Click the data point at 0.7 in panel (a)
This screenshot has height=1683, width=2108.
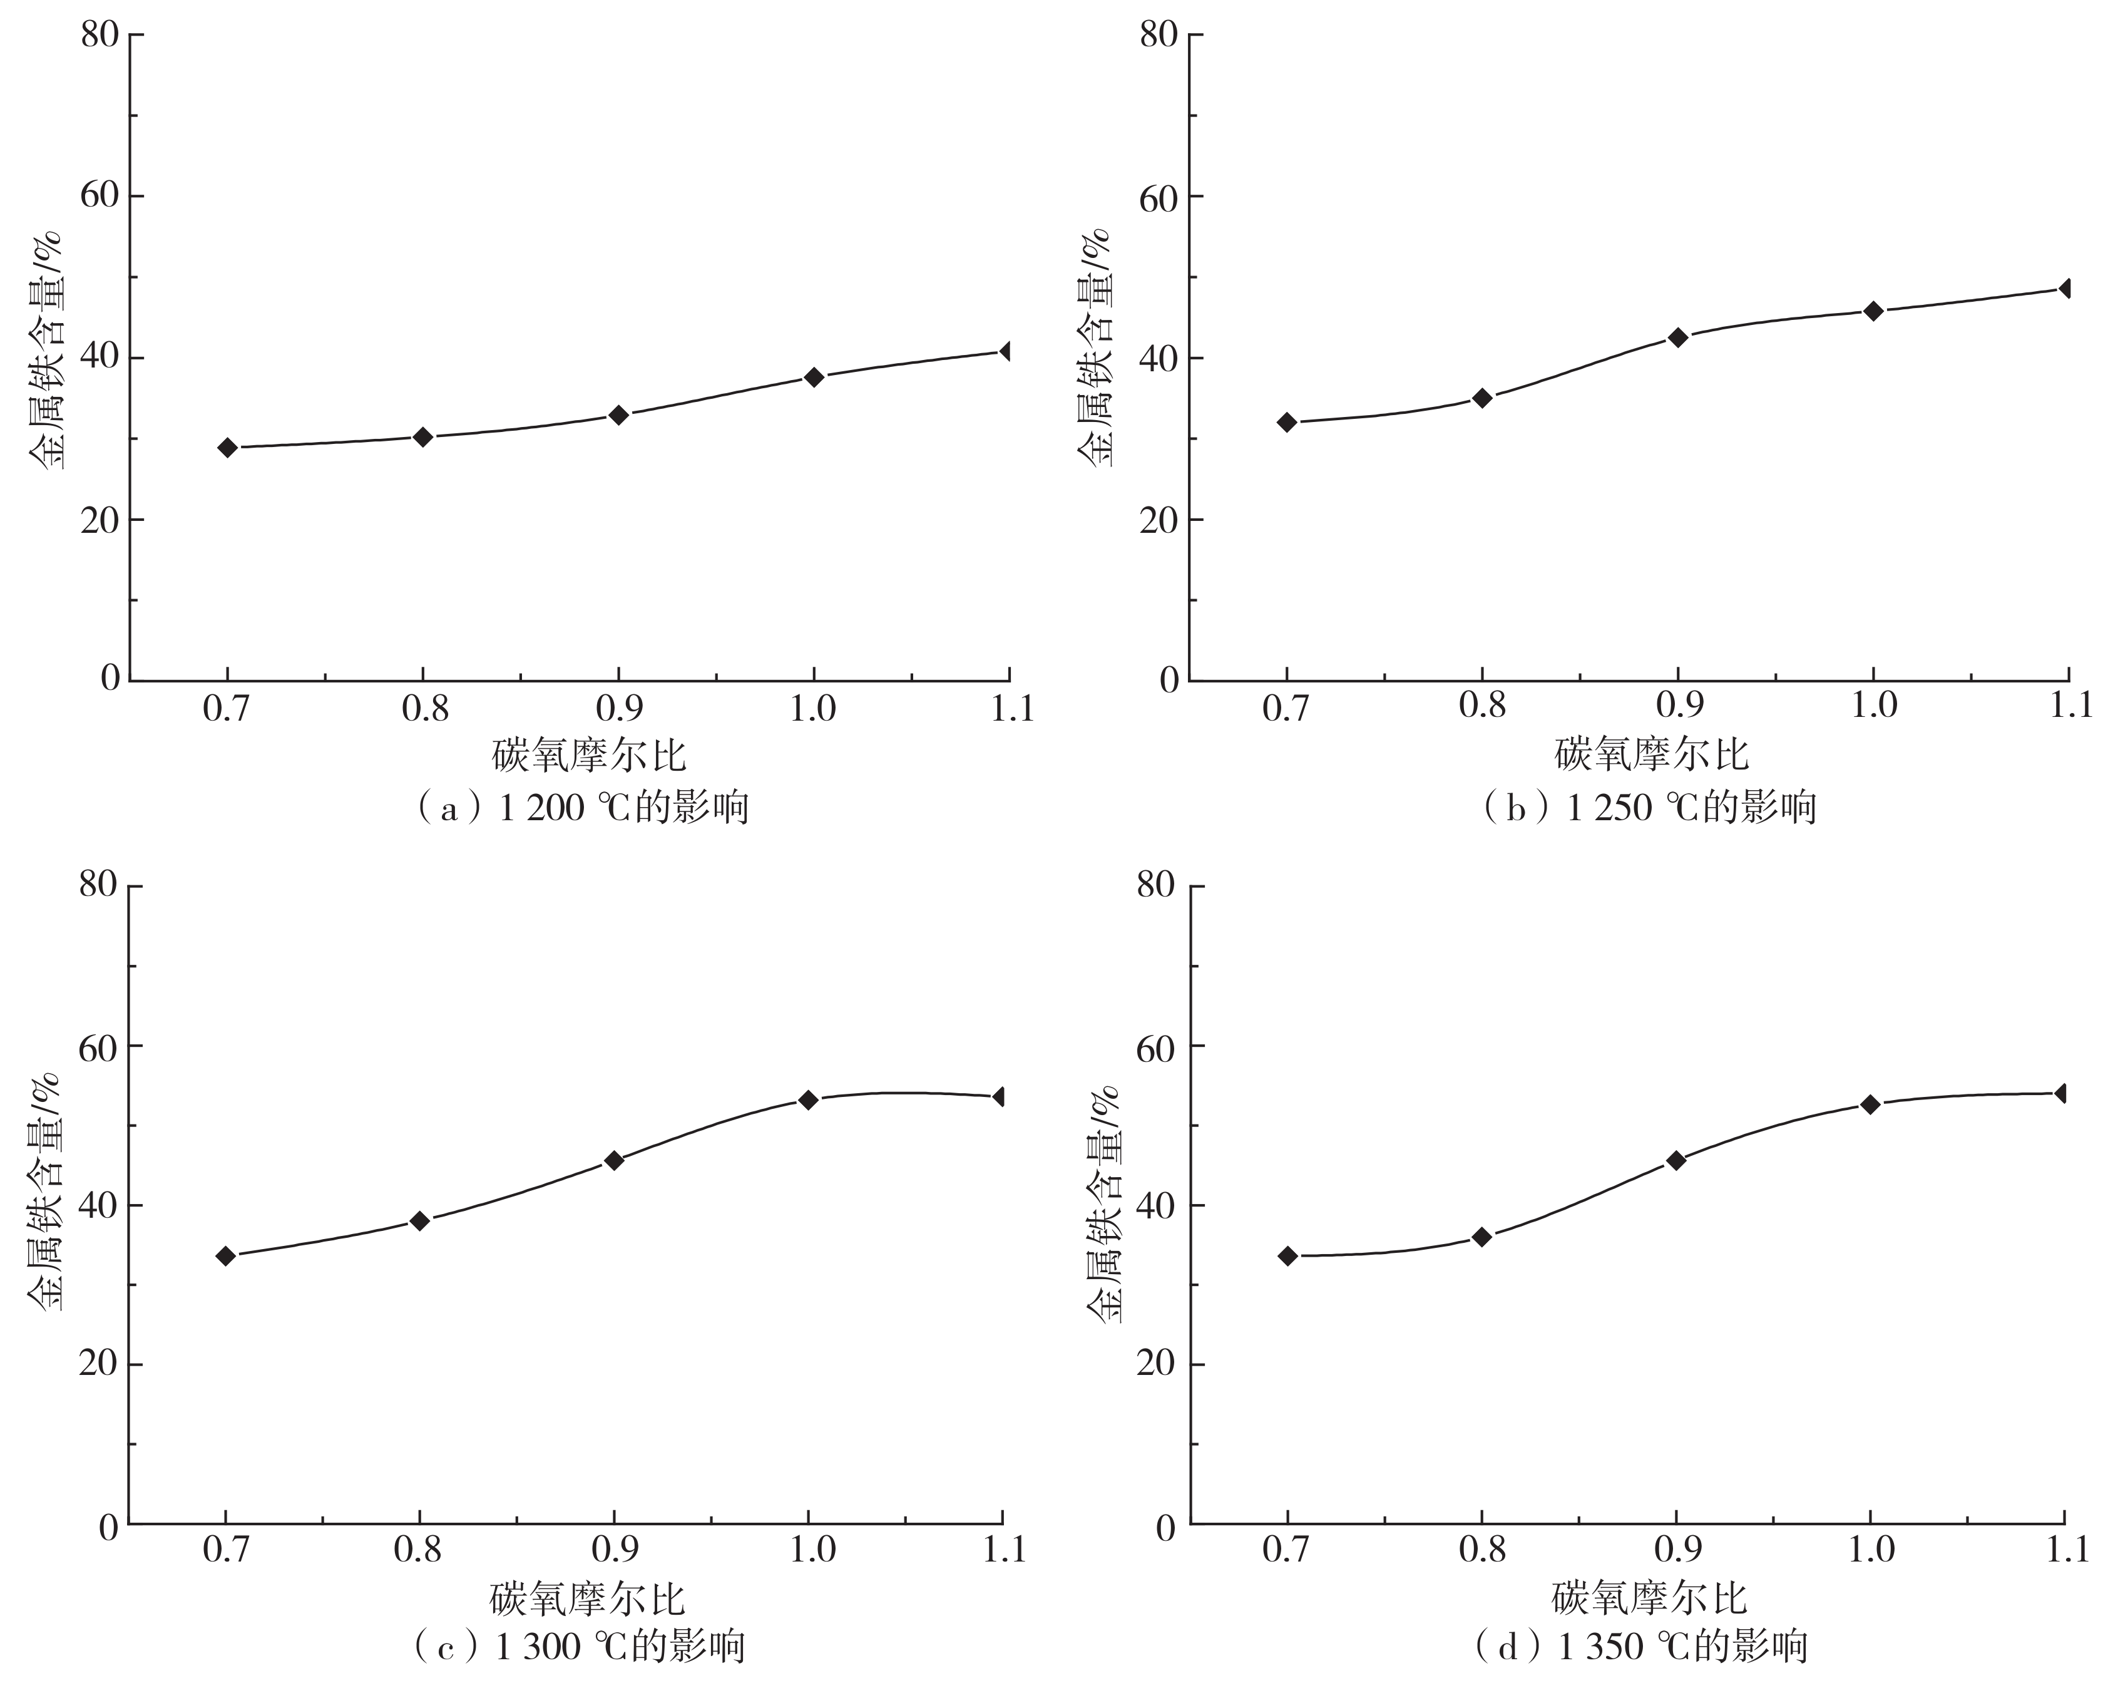(x=228, y=448)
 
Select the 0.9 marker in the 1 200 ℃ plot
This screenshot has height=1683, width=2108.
(x=618, y=414)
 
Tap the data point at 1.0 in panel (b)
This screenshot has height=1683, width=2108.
(x=1873, y=311)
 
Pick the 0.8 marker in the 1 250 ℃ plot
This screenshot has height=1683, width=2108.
(x=1482, y=398)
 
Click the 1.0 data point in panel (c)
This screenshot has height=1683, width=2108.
(x=807, y=1099)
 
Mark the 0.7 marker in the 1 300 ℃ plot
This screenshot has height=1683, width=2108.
(x=226, y=1255)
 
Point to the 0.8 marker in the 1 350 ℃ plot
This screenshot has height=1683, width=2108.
(x=1482, y=1237)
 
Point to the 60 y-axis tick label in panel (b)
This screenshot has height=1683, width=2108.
(x=1160, y=195)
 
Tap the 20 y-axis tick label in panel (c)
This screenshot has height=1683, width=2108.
(x=98, y=1365)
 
